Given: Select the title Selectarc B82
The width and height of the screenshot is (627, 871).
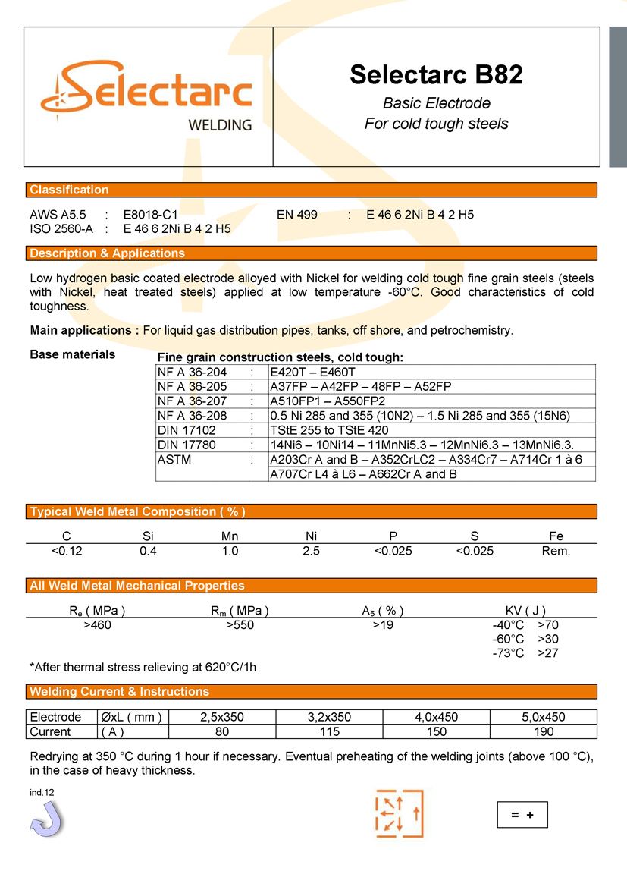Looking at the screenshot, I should click(x=436, y=74).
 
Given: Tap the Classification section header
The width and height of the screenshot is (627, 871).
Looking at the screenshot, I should click(x=69, y=190).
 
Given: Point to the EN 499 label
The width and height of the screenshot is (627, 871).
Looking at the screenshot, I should click(x=297, y=215).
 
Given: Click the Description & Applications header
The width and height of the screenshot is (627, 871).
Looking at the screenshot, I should click(x=107, y=253).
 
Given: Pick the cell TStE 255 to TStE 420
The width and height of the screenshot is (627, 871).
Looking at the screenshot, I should click(x=329, y=430).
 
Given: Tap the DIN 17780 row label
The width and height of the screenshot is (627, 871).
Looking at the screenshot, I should click(x=187, y=445).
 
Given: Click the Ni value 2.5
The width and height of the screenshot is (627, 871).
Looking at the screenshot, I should click(x=311, y=551).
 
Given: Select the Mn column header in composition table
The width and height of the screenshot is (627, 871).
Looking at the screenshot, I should click(x=230, y=536).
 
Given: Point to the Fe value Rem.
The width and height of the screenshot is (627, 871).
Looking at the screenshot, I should click(x=556, y=551).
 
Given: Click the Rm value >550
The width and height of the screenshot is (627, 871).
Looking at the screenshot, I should click(x=240, y=625).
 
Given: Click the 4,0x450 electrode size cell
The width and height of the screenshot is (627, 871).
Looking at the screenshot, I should click(x=437, y=717).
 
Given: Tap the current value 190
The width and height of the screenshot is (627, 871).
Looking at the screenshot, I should click(x=544, y=731).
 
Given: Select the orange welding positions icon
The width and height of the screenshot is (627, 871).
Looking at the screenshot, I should click(x=399, y=814).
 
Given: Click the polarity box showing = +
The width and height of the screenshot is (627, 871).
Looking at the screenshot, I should click(x=522, y=815).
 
